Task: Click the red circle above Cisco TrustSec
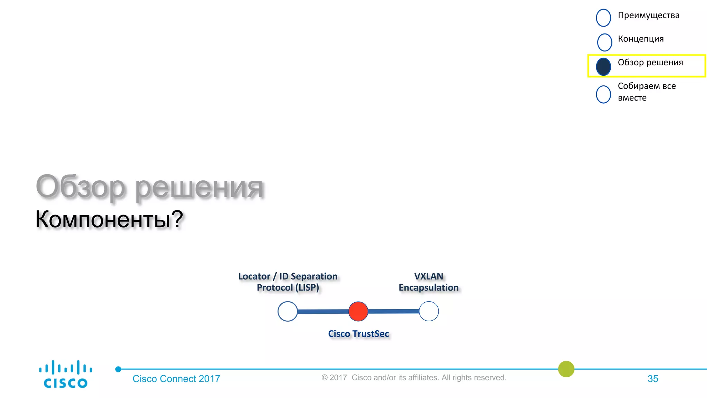click(358, 311)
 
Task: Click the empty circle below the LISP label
click(288, 311)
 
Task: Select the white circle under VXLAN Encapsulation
click(429, 311)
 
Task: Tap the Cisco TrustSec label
click(358, 334)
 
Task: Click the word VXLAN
click(428, 276)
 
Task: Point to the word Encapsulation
click(428, 288)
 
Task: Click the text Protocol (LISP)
click(288, 288)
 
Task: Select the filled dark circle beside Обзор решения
click(603, 67)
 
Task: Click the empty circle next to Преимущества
click(603, 18)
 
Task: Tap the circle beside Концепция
click(604, 42)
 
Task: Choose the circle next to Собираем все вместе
click(603, 94)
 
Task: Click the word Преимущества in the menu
click(648, 16)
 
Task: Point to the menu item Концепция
click(641, 39)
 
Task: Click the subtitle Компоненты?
click(109, 219)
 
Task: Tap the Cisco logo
click(66, 374)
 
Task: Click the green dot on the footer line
click(566, 369)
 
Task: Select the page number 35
click(652, 379)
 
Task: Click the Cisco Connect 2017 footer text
click(176, 379)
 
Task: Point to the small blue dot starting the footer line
click(118, 369)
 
